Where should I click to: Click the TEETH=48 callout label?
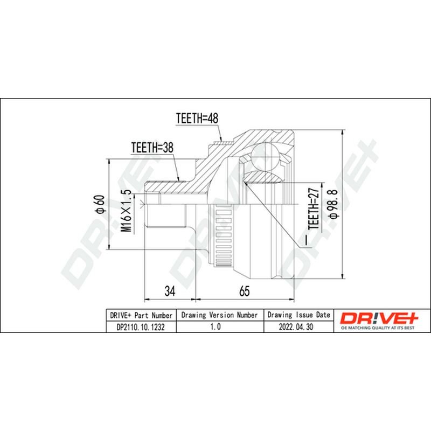[197, 118]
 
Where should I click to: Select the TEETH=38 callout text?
[152, 148]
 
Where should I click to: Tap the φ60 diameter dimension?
[99, 204]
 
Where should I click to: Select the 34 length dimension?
[170, 290]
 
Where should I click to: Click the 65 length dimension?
[245, 290]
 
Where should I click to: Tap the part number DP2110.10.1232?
[141, 327]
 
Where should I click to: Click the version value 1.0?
[215, 326]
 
